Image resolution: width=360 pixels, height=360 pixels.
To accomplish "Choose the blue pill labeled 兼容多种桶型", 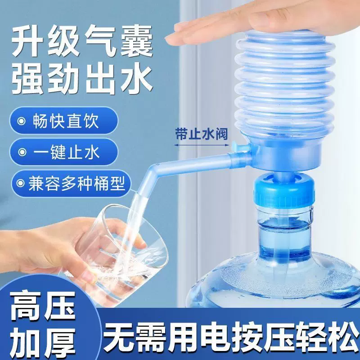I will pyautogui.click(x=67, y=183).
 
